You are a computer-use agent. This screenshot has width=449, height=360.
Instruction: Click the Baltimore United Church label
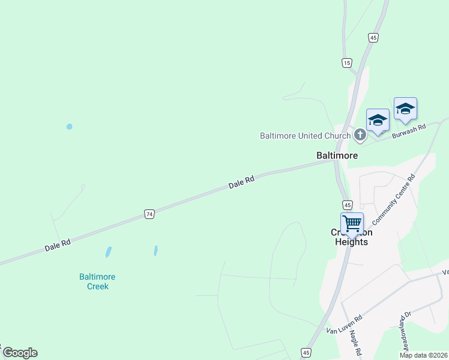(x=305, y=136)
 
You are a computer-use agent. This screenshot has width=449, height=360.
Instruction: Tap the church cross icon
(x=360, y=134)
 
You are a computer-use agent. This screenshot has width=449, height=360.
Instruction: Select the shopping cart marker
(x=352, y=224)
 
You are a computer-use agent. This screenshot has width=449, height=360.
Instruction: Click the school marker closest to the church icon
(x=378, y=120)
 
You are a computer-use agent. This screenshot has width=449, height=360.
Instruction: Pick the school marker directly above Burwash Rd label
(x=405, y=109)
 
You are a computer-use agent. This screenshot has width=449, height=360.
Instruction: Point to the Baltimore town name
(x=337, y=155)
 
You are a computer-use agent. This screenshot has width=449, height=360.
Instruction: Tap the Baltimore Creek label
(x=97, y=281)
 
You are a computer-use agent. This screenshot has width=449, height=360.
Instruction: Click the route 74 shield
(x=149, y=214)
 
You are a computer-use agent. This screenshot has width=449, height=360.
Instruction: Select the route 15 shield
(x=346, y=62)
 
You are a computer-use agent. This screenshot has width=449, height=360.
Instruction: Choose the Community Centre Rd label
(x=394, y=198)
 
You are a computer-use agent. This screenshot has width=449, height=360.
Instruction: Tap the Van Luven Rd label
(x=344, y=325)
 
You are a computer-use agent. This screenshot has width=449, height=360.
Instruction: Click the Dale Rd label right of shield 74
(x=241, y=182)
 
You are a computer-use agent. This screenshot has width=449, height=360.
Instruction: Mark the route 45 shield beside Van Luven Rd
(x=306, y=352)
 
